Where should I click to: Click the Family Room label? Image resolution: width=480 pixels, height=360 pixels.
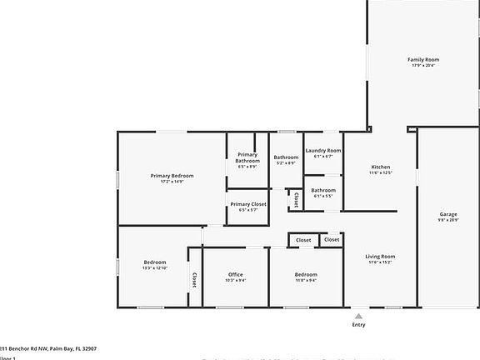(423, 60)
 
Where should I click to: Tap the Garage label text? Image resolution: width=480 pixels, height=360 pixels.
(448, 214)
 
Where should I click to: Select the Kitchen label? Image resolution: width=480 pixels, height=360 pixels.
(381, 167)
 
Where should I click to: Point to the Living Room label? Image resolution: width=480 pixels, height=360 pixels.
(381, 257)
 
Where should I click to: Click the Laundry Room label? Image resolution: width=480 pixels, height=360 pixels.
(323, 151)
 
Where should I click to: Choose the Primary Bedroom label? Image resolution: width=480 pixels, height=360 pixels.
(172, 176)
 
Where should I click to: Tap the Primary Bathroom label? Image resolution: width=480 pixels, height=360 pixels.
(247, 157)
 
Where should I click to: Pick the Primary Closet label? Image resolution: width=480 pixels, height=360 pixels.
(248, 204)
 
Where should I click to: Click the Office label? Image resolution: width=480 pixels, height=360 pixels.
(235, 275)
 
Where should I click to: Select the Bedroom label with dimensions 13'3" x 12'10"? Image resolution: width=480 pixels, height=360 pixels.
(155, 262)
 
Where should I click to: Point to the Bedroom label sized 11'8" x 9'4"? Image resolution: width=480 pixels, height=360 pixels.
(306, 275)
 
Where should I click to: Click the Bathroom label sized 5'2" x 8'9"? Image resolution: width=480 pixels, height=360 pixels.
(286, 157)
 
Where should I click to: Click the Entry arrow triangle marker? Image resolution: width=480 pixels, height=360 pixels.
(358, 316)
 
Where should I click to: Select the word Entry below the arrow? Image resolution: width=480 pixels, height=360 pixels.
(358, 325)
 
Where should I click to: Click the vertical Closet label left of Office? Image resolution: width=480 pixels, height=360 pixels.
(195, 280)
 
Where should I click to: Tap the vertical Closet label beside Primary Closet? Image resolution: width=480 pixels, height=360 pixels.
(297, 200)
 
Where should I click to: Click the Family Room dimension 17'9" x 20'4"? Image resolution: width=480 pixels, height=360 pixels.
(423, 66)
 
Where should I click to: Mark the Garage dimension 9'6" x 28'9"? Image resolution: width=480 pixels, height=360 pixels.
(448, 220)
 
